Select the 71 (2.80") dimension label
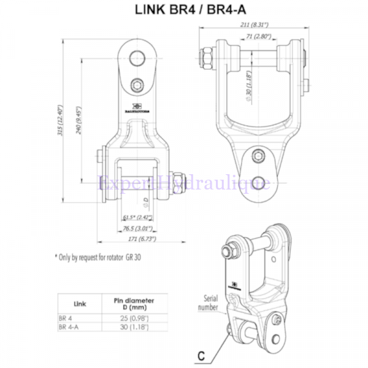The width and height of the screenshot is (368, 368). (256, 38)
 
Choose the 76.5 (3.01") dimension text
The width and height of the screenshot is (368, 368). (139, 228)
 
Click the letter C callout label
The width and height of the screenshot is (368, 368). (200, 355)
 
